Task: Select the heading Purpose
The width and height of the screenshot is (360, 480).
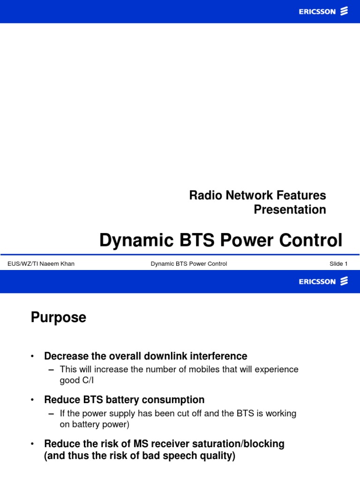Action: tap(59, 318)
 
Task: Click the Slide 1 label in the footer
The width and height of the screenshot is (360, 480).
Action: tap(338, 264)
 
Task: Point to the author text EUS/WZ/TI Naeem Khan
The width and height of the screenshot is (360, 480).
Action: tap(41, 264)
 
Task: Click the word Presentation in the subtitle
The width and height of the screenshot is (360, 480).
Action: tap(290, 210)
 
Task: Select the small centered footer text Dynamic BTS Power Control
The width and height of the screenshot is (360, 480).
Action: tap(189, 264)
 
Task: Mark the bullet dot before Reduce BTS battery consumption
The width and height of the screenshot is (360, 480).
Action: tap(32, 400)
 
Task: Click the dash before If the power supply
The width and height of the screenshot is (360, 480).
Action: tap(52, 413)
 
